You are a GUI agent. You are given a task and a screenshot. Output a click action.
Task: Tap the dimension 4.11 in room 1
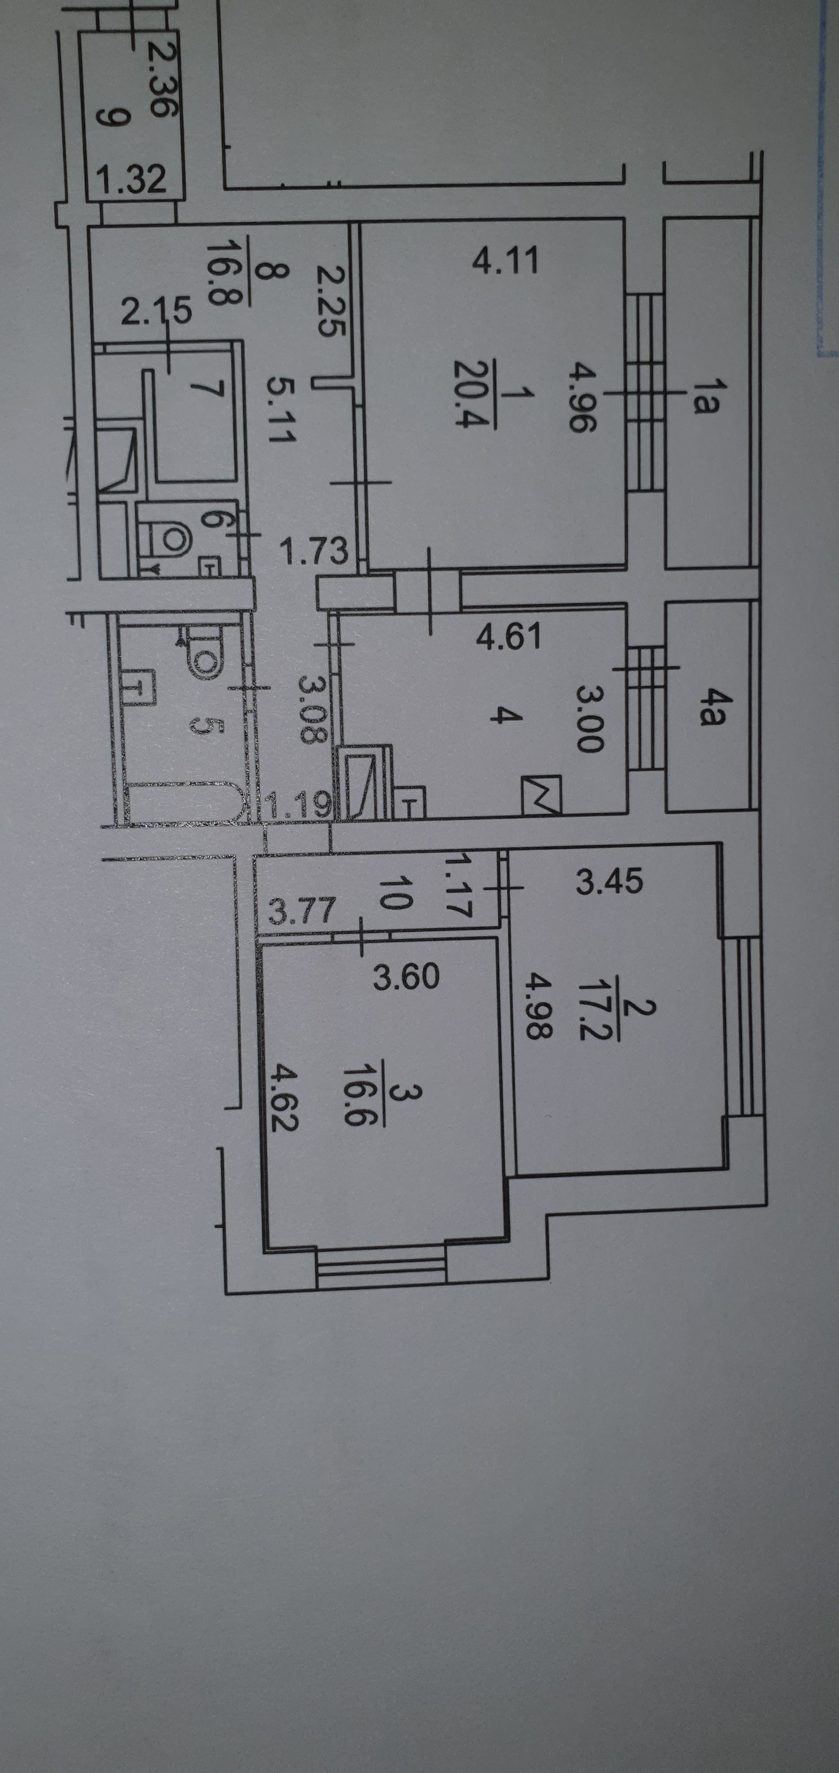[506, 262]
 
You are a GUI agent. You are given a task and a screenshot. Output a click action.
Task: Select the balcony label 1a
[705, 399]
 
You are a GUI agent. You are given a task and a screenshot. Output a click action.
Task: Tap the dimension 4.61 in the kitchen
[509, 637]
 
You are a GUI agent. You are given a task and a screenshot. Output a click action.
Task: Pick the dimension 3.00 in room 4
[590, 717]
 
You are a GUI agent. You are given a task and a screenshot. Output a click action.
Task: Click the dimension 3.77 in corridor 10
[302, 912]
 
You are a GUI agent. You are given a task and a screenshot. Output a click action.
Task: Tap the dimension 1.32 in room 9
[131, 180]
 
